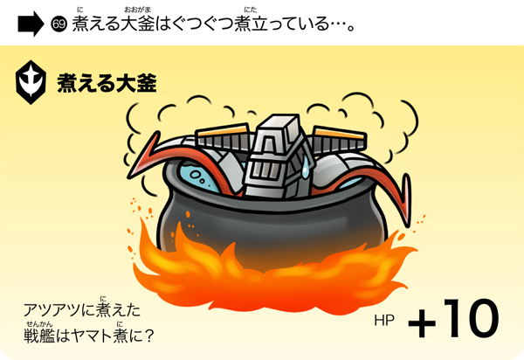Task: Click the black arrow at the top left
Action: tap(31, 24)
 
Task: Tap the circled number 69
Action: tap(59, 24)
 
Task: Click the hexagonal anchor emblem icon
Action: tap(31, 82)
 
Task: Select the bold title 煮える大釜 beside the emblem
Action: tap(107, 83)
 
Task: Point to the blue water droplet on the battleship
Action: tap(305, 167)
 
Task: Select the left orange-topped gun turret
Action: tap(223, 137)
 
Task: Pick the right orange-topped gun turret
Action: tap(340, 140)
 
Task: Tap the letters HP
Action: tap(384, 320)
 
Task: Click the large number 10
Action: tap(472, 317)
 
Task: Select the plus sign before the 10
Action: tap(422, 323)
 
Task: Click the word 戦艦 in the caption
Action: tap(39, 336)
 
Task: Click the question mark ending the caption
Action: tap(149, 336)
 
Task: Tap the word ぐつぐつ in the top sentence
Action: tap(203, 24)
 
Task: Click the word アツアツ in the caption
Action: tap(52, 310)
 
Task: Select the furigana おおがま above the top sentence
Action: tap(137, 10)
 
